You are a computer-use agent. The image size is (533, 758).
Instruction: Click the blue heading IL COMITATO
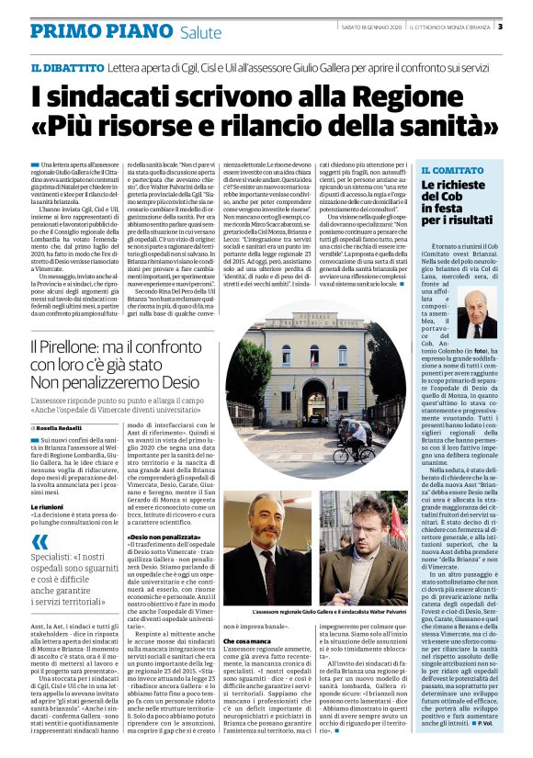click(451, 171)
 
